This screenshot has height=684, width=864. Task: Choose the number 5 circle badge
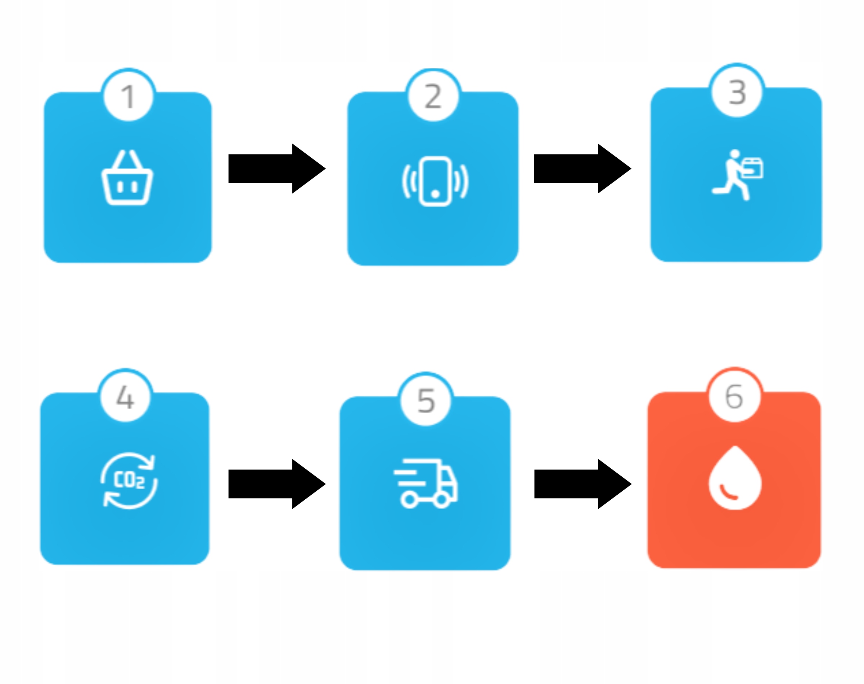(426, 400)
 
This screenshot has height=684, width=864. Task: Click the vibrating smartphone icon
(435, 181)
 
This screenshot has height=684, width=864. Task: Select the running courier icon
(737, 175)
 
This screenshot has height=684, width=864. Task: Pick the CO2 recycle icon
(129, 480)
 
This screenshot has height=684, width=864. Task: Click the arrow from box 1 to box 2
(276, 168)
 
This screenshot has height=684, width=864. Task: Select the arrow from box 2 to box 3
(582, 168)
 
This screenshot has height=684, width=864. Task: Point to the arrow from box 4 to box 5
(276, 484)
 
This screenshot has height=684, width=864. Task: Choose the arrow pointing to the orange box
(582, 484)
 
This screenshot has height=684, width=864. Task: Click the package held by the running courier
(752, 168)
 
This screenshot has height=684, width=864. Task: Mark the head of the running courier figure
(735, 154)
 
